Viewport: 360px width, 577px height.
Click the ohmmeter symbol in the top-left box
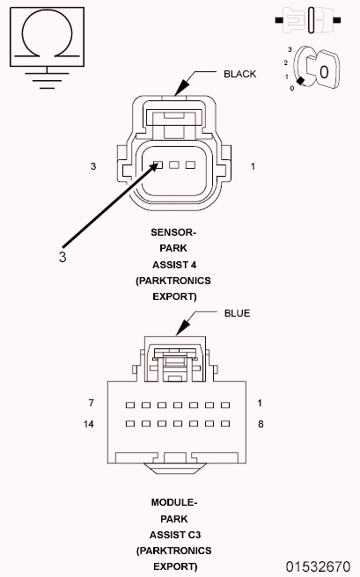(x=46, y=36)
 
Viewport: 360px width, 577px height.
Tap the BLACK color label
(x=239, y=74)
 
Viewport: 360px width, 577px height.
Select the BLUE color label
(x=237, y=312)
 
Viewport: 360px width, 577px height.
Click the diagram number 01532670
(x=317, y=566)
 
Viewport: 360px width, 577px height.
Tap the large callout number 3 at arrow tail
(x=62, y=257)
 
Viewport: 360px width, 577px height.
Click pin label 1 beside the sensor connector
(x=253, y=165)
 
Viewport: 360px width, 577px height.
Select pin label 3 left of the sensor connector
(x=93, y=165)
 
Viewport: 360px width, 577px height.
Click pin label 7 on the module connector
(x=91, y=403)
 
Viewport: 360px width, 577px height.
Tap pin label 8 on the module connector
(x=261, y=423)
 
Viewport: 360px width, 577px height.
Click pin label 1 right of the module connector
(x=261, y=403)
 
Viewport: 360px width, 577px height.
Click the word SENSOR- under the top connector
(x=173, y=232)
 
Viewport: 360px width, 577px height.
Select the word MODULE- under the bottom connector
(x=173, y=502)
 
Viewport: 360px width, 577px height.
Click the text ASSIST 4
(x=173, y=265)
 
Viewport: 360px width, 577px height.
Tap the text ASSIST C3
(x=173, y=534)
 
